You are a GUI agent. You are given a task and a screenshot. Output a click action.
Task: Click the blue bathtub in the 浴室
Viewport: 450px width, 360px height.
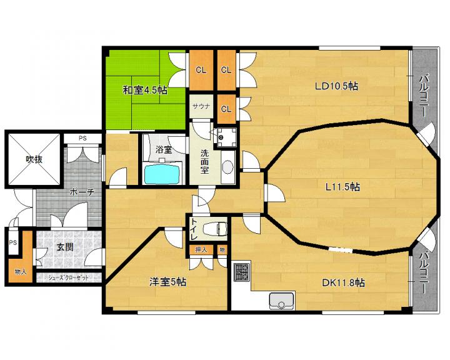click(162, 174)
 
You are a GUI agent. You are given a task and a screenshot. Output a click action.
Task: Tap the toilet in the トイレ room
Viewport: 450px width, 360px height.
click(214, 229)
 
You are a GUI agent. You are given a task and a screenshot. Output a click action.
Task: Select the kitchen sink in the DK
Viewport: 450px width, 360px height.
click(281, 301)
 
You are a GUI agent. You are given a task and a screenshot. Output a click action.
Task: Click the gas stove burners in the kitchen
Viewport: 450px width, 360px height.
click(242, 272)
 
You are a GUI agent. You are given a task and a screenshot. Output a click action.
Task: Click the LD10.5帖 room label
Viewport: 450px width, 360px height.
click(336, 86)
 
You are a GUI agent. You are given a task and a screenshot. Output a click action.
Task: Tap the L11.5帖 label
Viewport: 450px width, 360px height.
click(342, 187)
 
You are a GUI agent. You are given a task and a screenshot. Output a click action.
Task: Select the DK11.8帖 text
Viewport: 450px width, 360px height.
click(343, 283)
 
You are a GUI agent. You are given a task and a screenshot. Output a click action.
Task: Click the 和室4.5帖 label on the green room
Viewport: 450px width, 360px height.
click(145, 90)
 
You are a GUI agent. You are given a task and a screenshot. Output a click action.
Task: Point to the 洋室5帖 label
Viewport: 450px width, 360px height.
click(168, 282)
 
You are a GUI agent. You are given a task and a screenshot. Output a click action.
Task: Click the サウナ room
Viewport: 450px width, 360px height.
click(201, 106)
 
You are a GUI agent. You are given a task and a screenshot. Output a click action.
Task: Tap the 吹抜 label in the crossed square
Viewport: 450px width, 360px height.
click(34, 159)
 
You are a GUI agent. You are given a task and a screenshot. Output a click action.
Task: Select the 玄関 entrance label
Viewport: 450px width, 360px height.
click(64, 247)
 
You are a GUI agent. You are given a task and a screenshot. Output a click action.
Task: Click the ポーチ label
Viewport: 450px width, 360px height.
click(82, 192)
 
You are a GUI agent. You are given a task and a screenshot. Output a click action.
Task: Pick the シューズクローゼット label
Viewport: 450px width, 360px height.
click(68, 277)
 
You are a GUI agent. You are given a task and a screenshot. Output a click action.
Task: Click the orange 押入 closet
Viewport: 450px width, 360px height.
click(201, 249)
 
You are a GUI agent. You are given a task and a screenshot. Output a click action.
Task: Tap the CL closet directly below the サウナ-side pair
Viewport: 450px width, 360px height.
click(226, 109)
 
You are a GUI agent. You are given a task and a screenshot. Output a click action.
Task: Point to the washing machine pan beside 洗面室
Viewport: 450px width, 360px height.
click(226, 137)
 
